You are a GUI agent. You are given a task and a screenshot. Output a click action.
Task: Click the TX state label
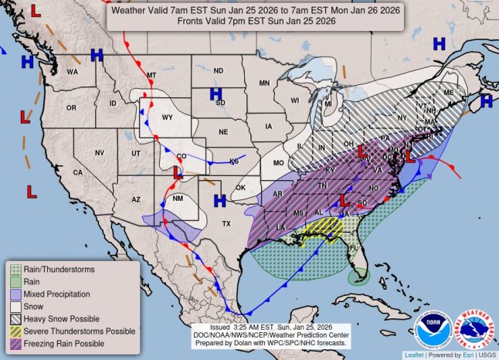click(x=226, y=223)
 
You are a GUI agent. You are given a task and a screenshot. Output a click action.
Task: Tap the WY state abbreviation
click(x=166, y=117)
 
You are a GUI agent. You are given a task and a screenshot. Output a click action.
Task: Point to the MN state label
click(x=264, y=83)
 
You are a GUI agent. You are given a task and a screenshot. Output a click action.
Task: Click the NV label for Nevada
click(x=100, y=153)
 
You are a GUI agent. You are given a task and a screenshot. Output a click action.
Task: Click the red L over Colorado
click(x=177, y=172)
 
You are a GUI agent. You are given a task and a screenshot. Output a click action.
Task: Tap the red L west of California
click(x=32, y=190)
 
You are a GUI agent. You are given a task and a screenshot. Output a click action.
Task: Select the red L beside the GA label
click(x=342, y=199)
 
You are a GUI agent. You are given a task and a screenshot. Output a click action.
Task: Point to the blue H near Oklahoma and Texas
click(x=219, y=200)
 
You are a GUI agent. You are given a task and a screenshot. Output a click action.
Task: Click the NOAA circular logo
click(x=433, y=328)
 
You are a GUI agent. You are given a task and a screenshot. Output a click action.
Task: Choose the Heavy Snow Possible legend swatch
click(x=15, y=319)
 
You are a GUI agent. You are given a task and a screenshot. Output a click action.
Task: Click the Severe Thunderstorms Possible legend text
click(x=74, y=331)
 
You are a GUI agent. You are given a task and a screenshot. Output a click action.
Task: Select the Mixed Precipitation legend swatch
click(x=15, y=294)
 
